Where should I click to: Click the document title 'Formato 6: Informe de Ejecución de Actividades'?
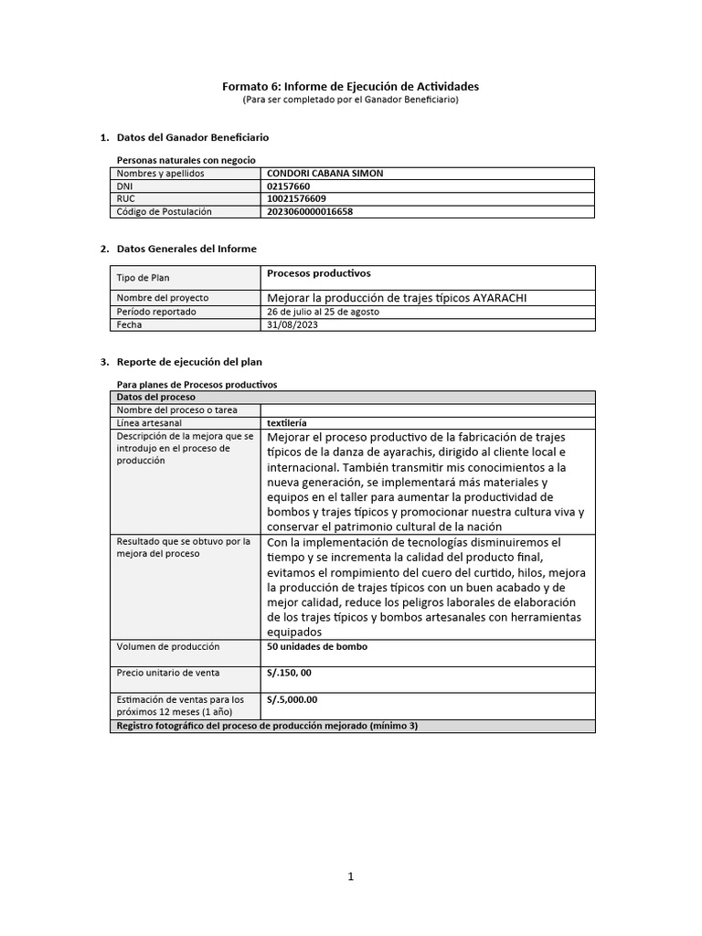tap(350, 86)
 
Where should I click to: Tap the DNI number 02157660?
tap(288, 186)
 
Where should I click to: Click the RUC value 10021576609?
tap(295, 198)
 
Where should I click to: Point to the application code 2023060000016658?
tap(310, 211)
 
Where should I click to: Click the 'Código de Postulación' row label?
tap(164, 211)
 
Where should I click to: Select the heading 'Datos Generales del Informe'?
tap(186, 249)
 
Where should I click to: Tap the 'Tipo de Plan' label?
tap(143, 278)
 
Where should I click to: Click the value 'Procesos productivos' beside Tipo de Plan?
tap(318, 272)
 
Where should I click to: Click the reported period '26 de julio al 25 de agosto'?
tap(323, 312)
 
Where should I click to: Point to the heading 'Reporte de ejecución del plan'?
tap(189, 362)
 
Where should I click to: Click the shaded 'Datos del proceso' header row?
tap(352, 397)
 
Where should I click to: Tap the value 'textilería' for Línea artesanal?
tap(286, 423)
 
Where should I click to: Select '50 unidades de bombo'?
tap(317, 646)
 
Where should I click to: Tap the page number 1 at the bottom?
tap(350, 877)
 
